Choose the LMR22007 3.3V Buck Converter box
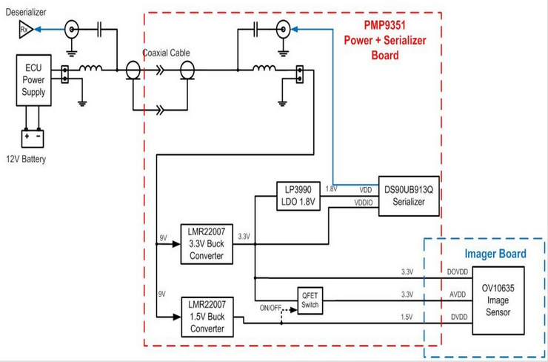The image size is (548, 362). tap(207, 243)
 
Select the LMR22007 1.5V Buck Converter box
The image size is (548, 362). tap(207, 315)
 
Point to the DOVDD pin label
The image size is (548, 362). tap(458, 271)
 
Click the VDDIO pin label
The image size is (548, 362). tap(364, 202)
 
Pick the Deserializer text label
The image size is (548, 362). tap(27, 11)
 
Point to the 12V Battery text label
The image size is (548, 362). tap(27, 159)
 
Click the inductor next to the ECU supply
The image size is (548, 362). tap(91, 70)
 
